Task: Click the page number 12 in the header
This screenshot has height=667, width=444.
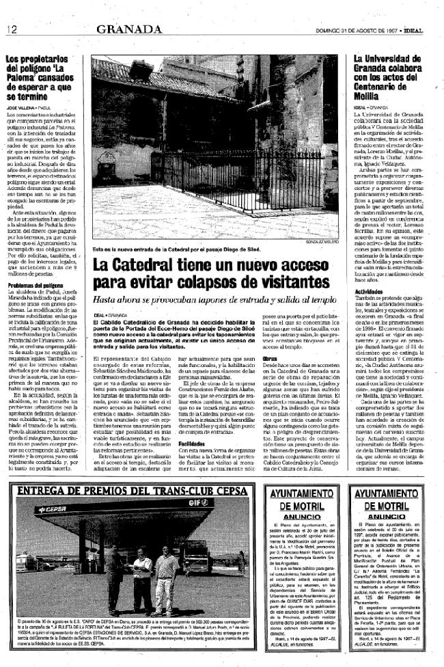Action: (x=12, y=29)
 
